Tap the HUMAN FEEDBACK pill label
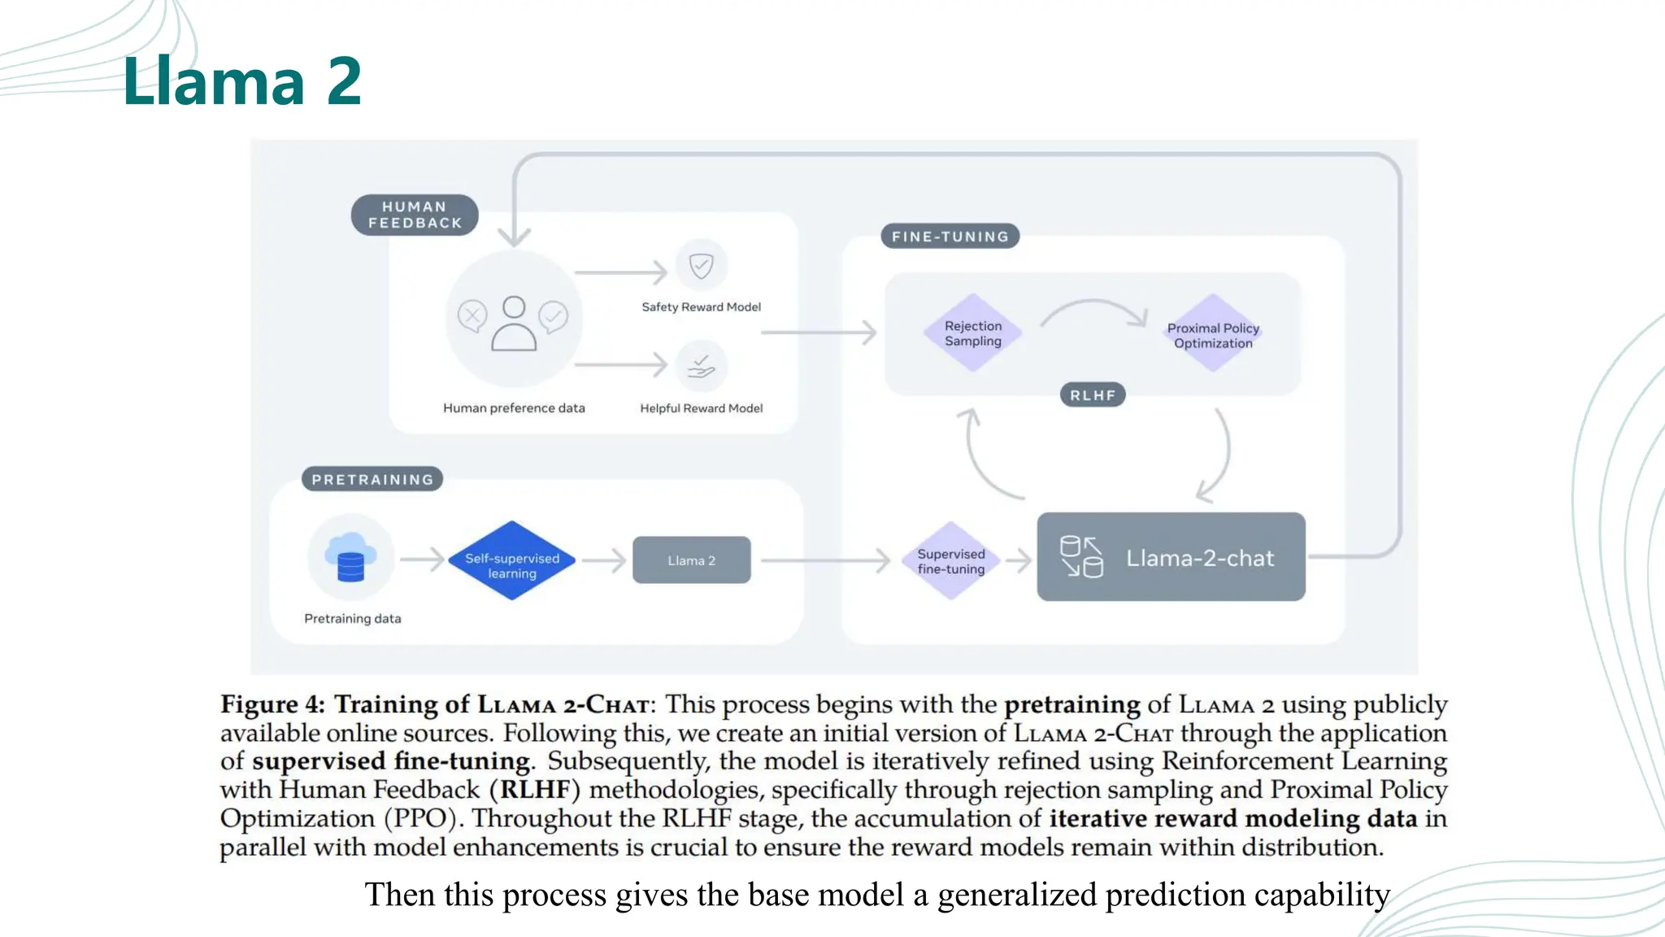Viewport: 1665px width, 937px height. click(x=415, y=215)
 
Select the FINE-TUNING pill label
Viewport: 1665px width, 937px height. click(x=950, y=237)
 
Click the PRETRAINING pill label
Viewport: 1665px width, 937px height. click(x=372, y=479)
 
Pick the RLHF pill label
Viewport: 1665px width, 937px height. click(x=1092, y=395)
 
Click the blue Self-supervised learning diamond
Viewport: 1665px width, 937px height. click(x=511, y=561)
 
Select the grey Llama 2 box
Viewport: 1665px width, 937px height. click(x=691, y=560)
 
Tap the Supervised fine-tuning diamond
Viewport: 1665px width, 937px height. click(x=950, y=561)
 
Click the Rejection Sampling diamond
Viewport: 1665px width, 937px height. click(x=972, y=333)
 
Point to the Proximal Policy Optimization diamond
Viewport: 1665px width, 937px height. click(x=1212, y=334)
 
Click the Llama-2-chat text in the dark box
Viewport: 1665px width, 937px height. click(x=1199, y=558)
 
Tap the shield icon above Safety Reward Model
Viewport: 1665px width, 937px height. click(x=701, y=266)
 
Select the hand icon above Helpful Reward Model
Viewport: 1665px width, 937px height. click(x=701, y=367)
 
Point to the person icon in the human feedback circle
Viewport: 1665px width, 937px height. click(x=514, y=323)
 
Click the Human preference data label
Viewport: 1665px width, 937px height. click(x=514, y=408)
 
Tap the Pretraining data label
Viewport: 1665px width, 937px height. click(x=352, y=619)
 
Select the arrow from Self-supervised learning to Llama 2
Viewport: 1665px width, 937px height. click(x=604, y=560)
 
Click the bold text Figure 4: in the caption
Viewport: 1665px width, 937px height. click(x=272, y=704)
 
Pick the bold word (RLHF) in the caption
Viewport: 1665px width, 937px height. click(x=534, y=790)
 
